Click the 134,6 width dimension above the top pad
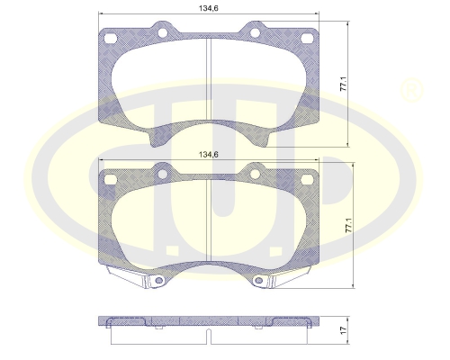point(209,8)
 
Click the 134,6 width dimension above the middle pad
point(209,155)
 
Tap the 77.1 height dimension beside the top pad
point(344,84)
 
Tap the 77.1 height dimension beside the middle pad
point(349,225)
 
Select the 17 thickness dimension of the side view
point(344,330)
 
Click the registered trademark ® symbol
point(411,90)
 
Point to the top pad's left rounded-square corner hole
point(110,38)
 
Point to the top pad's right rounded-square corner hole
point(307,38)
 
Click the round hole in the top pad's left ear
point(162,32)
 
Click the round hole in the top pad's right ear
point(255,32)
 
